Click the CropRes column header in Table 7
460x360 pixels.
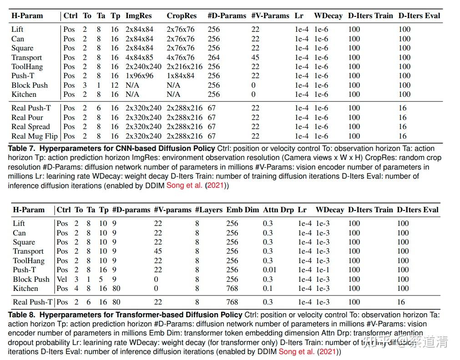[182, 15]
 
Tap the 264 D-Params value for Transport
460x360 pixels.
[213, 57]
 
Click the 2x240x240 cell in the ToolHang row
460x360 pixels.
[143, 66]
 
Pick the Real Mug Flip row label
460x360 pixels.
[35, 136]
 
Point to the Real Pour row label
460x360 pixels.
[27, 117]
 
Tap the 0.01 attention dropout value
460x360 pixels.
[270, 270]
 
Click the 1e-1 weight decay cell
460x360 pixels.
[323, 270]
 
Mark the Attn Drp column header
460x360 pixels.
[278, 210]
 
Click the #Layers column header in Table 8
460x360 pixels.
[209, 210]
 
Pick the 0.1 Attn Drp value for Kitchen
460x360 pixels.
[268, 289]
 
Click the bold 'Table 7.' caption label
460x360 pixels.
[22, 149]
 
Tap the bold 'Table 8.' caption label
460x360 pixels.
[22, 315]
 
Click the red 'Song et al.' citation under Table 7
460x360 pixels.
[184, 185]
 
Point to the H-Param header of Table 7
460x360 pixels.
[27, 15]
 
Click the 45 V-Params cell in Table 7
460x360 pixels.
[255, 57]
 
